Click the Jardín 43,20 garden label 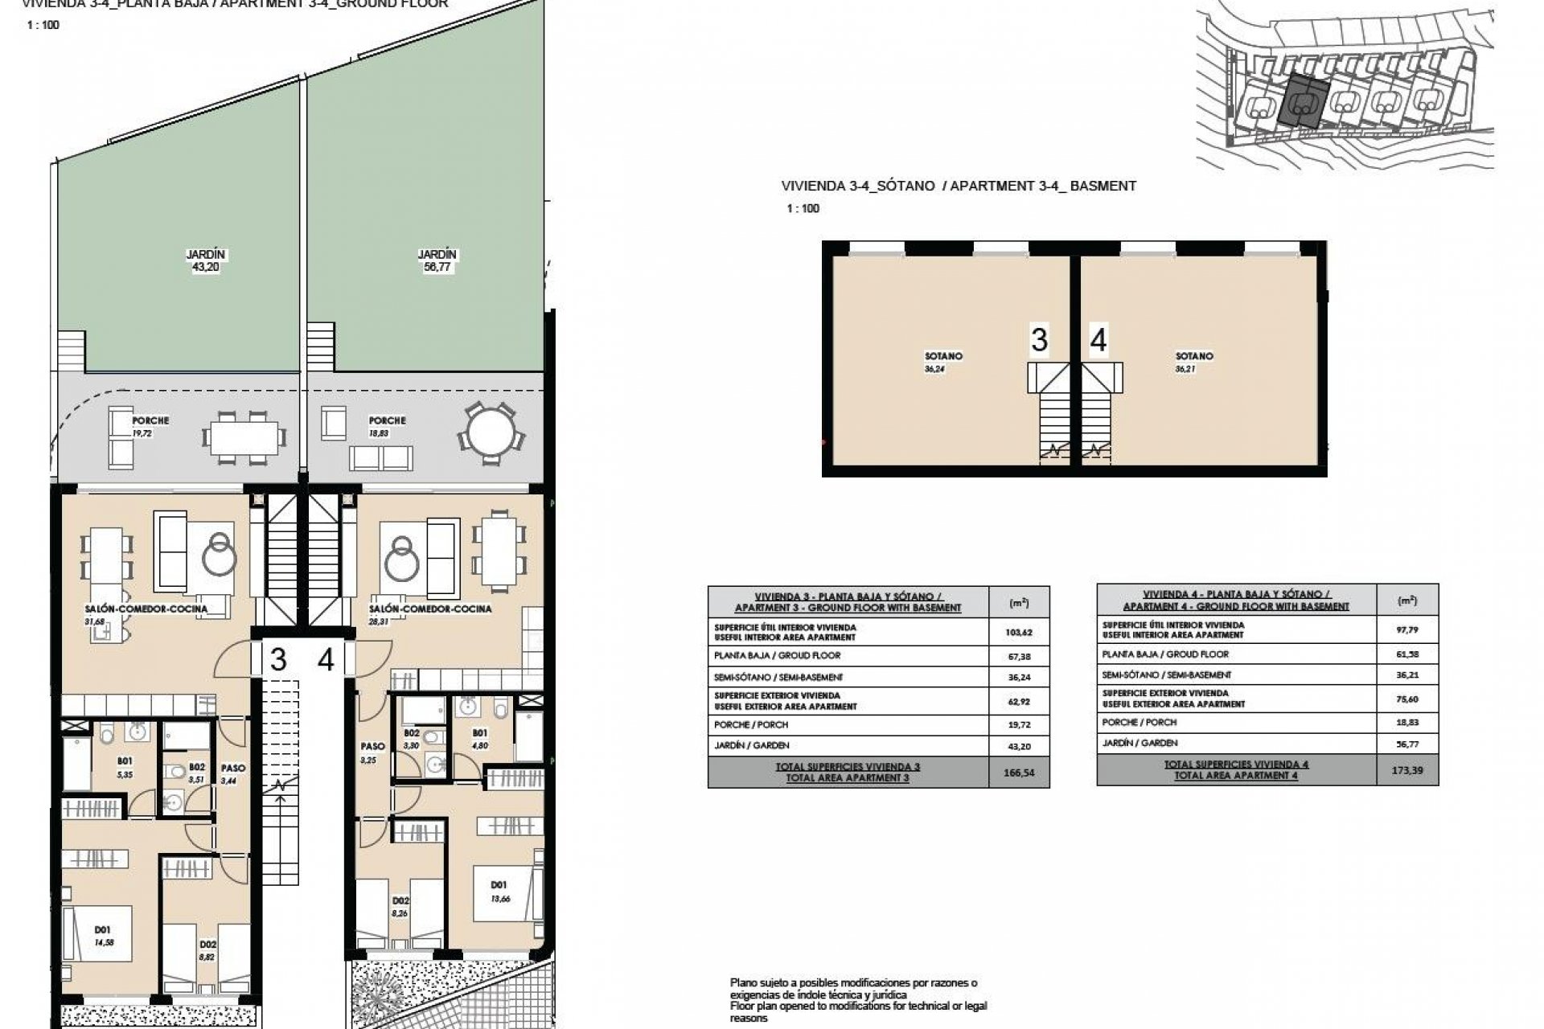coord(206,260)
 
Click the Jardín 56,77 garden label coord(437,260)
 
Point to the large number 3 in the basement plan coord(1039,340)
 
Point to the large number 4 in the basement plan coord(1098,340)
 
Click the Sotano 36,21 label coord(1194,362)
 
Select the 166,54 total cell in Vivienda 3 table coord(1018,773)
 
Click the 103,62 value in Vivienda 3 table coord(1018,633)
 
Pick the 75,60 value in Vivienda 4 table coord(1407,699)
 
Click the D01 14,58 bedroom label coord(103,936)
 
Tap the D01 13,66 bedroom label coord(499,892)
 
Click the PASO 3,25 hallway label coord(372,752)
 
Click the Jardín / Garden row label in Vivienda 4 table coord(1140,744)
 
